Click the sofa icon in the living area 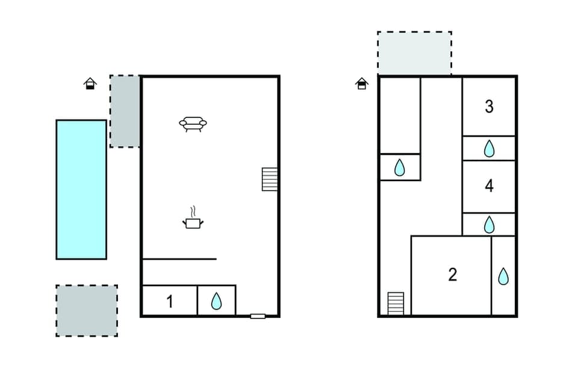pyautogui.click(x=193, y=123)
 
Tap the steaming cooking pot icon pyautogui.click(x=193, y=222)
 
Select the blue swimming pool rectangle pyautogui.click(x=81, y=189)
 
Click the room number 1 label pyautogui.click(x=170, y=301)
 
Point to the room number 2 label pyautogui.click(x=453, y=275)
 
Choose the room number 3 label pyautogui.click(x=489, y=107)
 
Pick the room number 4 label pyautogui.click(x=489, y=186)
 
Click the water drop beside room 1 pyautogui.click(x=216, y=301)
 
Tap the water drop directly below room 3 pyautogui.click(x=489, y=148)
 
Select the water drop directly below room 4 pyautogui.click(x=489, y=225)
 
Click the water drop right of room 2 pyautogui.click(x=503, y=276)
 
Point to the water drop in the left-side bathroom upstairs pyautogui.click(x=400, y=167)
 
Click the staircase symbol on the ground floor pyautogui.click(x=270, y=179)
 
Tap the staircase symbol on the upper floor pyautogui.click(x=396, y=303)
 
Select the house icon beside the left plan pyautogui.click(x=90, y=83)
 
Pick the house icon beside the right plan pyautogui.click(x=362, y=83)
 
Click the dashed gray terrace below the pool pyautogui.click(x=87, y=310)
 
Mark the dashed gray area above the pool pyautogui.click(x=125, y=111)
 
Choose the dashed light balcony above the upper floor pyautogui.click(x=414, y=53)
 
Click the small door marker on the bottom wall pyautogui.click(x=258, y=316)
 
